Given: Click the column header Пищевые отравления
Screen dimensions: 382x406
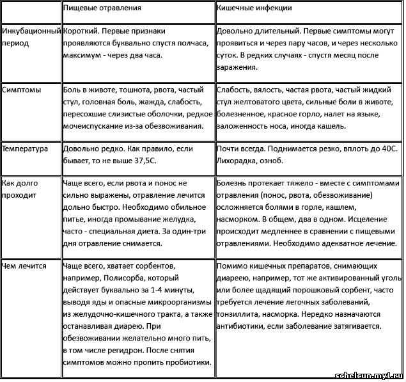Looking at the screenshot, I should point(102,10).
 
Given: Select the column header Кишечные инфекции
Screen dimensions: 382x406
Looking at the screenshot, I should point(255,10).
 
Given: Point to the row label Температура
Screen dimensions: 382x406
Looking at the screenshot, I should point(26,148).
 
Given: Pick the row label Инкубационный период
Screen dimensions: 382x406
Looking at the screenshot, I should point(31,36).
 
